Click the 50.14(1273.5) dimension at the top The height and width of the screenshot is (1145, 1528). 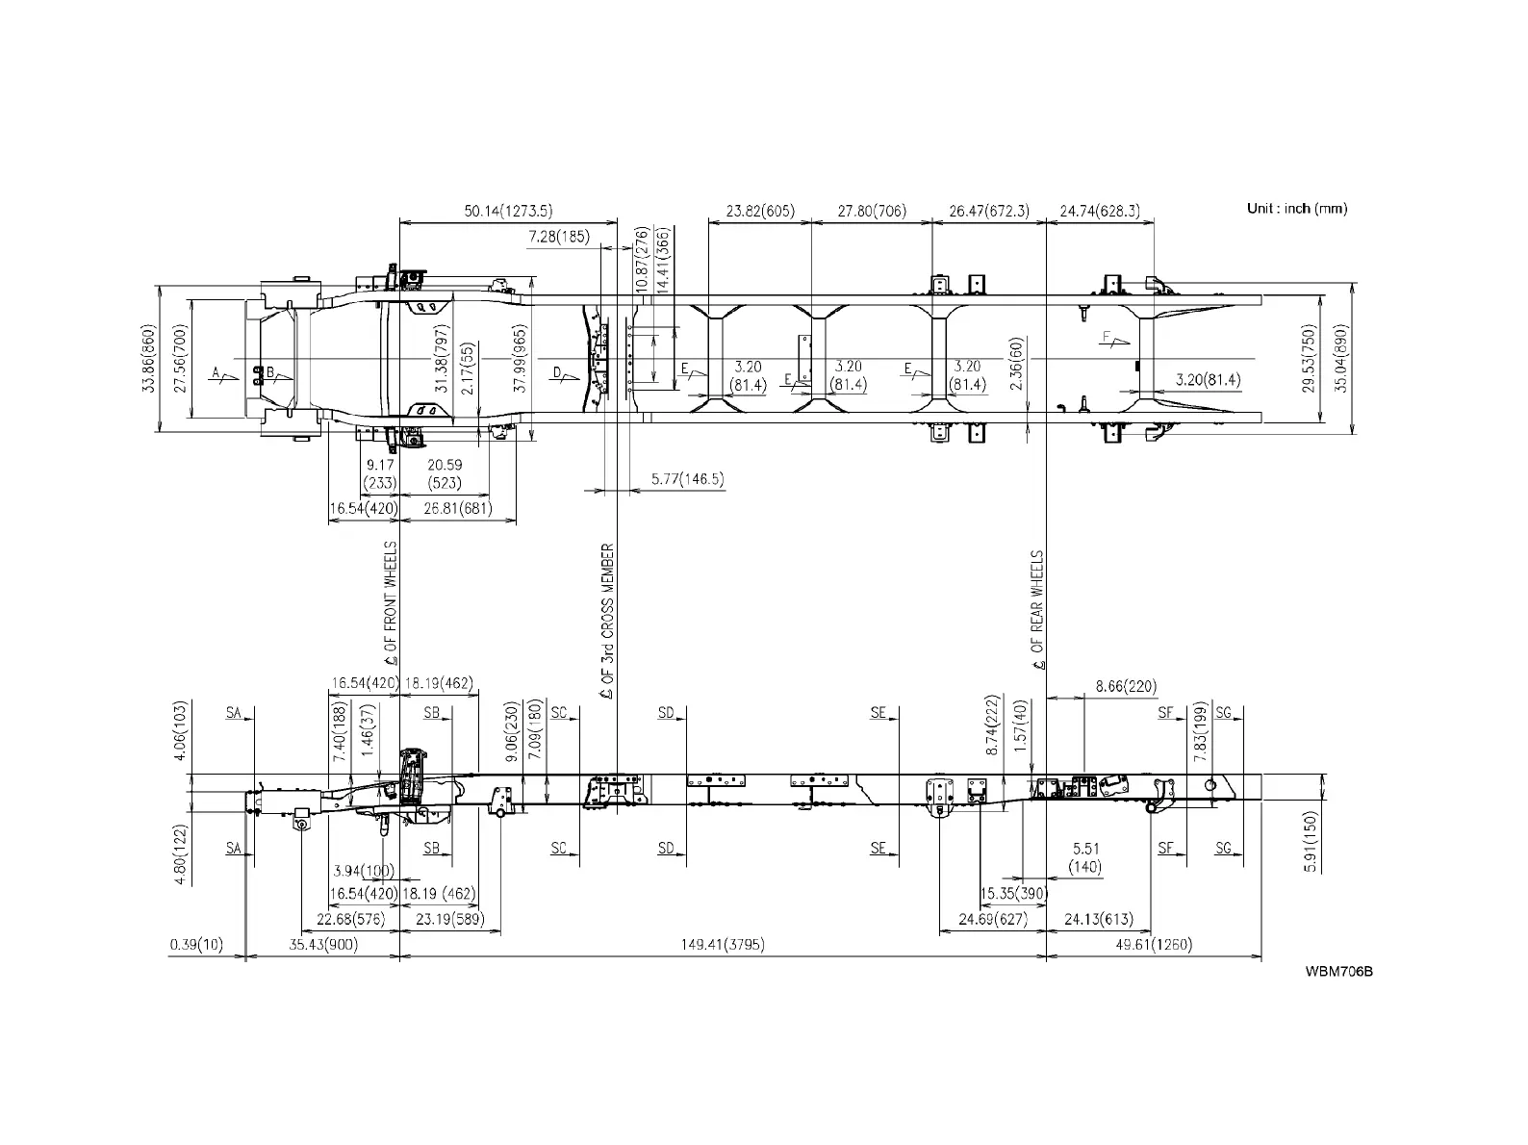coord(508,212)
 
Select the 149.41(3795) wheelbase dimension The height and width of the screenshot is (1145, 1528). coord(722,945)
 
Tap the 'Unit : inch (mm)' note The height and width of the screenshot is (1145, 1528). coord(1296,209)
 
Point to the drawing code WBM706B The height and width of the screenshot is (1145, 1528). coord(1338,971)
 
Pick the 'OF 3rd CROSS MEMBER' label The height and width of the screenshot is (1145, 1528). coord(607,621)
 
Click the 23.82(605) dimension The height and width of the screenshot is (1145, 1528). coord(760,212)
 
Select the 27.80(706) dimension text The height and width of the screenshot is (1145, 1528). coord(872,212)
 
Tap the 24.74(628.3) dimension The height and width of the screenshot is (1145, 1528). coord(1099,212)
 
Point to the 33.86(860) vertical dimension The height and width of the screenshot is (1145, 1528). coord(147,358)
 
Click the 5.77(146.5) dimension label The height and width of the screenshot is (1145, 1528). coord(687,479)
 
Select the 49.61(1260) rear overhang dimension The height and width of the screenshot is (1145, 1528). coord(1153,945)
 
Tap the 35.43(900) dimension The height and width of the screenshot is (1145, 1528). coord(323,945)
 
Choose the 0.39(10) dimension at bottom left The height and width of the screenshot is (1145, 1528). coord(195,945)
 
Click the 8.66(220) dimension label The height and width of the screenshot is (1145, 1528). coord(1126,687)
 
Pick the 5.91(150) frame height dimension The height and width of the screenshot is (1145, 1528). coord(1310,842)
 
